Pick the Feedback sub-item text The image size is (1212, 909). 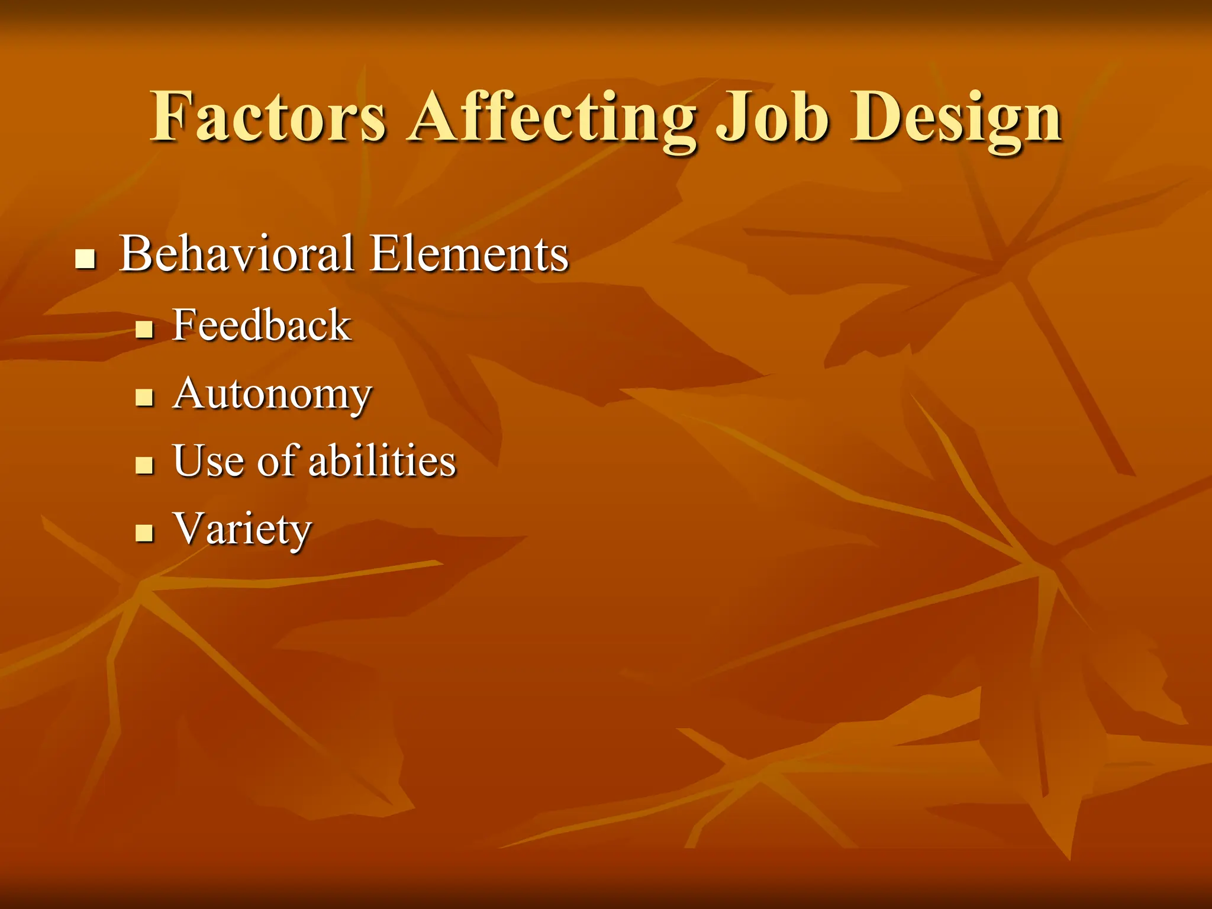pyautogui.click(x=262, y=325)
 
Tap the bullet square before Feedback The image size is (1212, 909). pyautogui.click(x=144, y=329)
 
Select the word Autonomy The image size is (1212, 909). pyautogui.click(x=272, y=394)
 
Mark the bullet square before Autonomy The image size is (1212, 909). pyautogui.click(x=144, y=397)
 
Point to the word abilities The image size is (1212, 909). pyautogui.click(x=382, y=461)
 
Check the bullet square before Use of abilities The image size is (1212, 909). pyautogui.click(x=144, y=465)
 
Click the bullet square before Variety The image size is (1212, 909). pyautogui.click(x=144, y=533)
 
